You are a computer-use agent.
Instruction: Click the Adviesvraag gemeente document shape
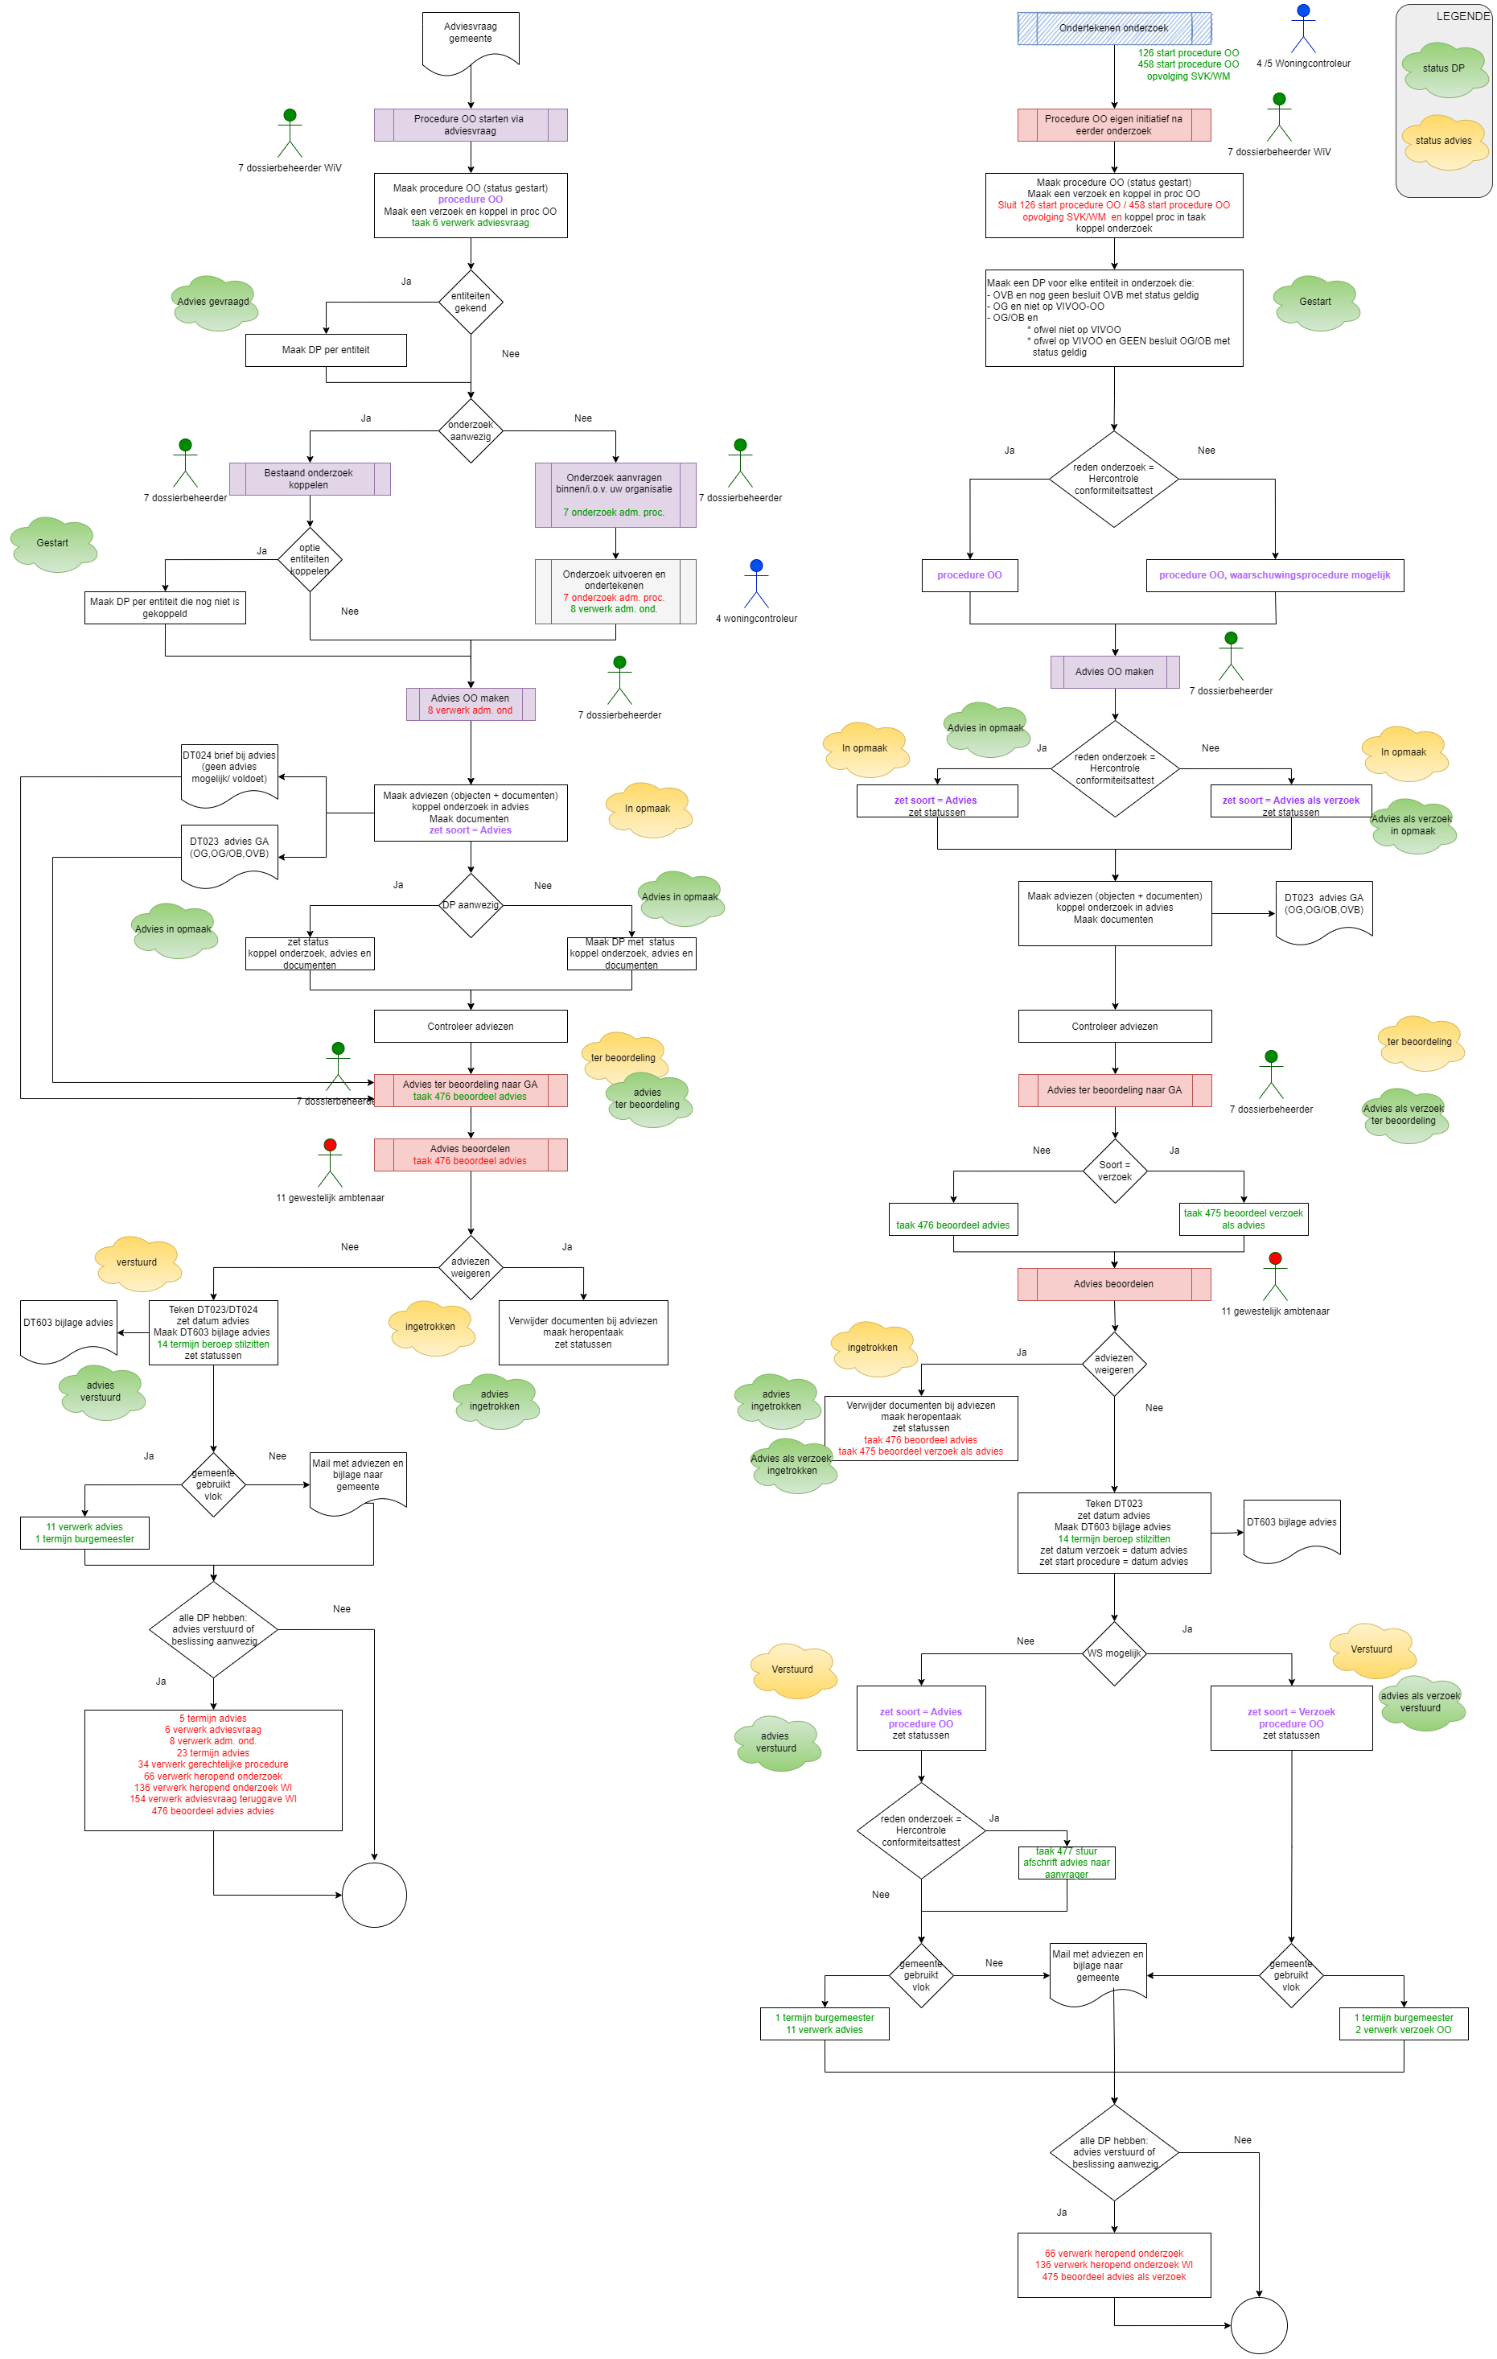tap(471, 39)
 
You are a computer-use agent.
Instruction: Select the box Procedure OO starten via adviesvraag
tap(471, 126)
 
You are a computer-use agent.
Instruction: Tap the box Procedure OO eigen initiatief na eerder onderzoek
tap(1114, 126)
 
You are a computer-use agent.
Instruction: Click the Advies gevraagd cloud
tap(214, 302)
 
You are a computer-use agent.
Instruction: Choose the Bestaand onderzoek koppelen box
tap(310, 479)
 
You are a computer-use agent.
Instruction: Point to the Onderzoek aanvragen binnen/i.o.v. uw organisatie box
tap(615, 495)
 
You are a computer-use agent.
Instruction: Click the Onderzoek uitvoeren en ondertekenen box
tap(615, 591)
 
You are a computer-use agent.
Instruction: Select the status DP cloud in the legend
tap(1443, 68)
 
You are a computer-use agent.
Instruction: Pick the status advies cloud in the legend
tap(1443, 141)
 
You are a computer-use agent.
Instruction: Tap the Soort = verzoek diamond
tap(1115, 1171)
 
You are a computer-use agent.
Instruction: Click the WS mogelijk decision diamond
tap(1115, 1653)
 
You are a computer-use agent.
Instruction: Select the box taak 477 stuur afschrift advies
tap(1067, 1863)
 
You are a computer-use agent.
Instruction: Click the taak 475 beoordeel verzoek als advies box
tap(1244, 1219)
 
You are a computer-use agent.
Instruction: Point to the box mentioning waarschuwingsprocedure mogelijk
tap(1275, 575)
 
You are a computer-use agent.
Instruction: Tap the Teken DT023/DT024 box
tap(214, 1332)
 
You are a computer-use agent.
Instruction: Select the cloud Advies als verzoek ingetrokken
tap(792, 1464)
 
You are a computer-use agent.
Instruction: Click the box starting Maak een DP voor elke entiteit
tap(1114, 318)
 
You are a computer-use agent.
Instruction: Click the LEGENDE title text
tap(1462, 17)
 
